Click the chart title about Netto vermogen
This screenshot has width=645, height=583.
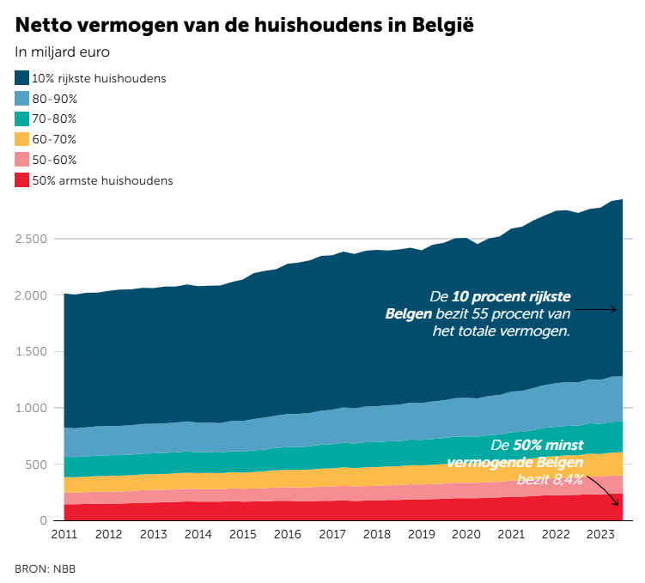tap(245, 23)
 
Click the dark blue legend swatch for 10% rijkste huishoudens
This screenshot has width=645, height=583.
tap(22, 78)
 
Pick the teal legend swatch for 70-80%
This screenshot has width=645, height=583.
tap(22, 118)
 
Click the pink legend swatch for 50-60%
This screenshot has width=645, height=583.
tap(22, 160)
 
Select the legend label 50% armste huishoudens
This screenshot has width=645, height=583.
tap(102, 180)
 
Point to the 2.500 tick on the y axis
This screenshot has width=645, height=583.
tap(33, 239)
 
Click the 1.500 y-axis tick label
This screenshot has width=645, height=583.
tap(33, 351)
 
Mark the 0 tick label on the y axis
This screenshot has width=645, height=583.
tap(47, 520)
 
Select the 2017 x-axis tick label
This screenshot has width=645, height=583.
tap(332, 535)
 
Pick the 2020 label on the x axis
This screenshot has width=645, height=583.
tap(465, 535)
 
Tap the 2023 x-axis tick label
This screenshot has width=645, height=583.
tap(599, 535)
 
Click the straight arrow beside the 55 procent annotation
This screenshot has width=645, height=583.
tap(600, 309)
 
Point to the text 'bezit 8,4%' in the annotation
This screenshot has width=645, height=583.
tap(550, 477)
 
